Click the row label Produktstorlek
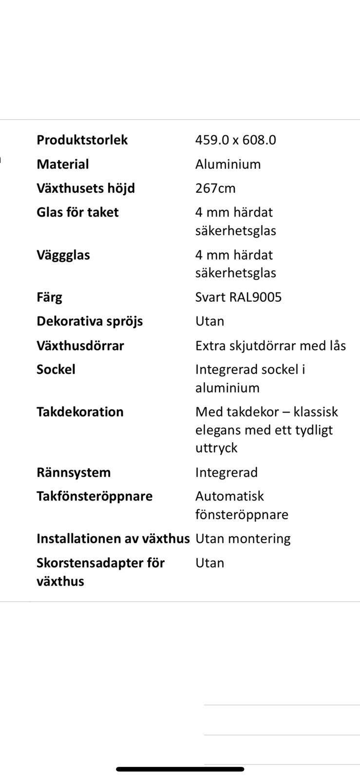pyautogui.click(x=82, y=140)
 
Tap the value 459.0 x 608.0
pyautogui.click(x=235, y=140)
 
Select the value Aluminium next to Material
pyautogui.click(x=227, y=164)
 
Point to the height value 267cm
pyautogui.click(x=215, y=188)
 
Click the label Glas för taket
pyautogui.click(x=77, y=212)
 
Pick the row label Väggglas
pyautogui.click(x=63, y=255)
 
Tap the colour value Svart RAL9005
pyautogui.click(x=238, y=297)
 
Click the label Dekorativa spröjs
pyautogui.click(x=90, y=321)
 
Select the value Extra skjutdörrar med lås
pyautogui.click(x=270, y=346)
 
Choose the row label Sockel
pyautogui.click(x=56, y=370)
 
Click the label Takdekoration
pyautogui.click(x=80, y=412)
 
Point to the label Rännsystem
pyautogui.click(x=74, y=472)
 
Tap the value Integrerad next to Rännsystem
pyautogui.click(x=226, y=472)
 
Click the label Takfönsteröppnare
pyautogui.click(x=95, y=496)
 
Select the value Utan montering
pyautogui.click(x=243, y=538)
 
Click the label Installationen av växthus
pyautogui.click(x=113, y=538)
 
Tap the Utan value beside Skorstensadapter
pyautogui.click(x=209, y=563)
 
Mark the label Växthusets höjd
pyautogui.click(x=85, y=188)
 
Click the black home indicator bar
pyautogui.click(x=180, y=769)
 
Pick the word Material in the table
pyautogui.click(x=62, y=164)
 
